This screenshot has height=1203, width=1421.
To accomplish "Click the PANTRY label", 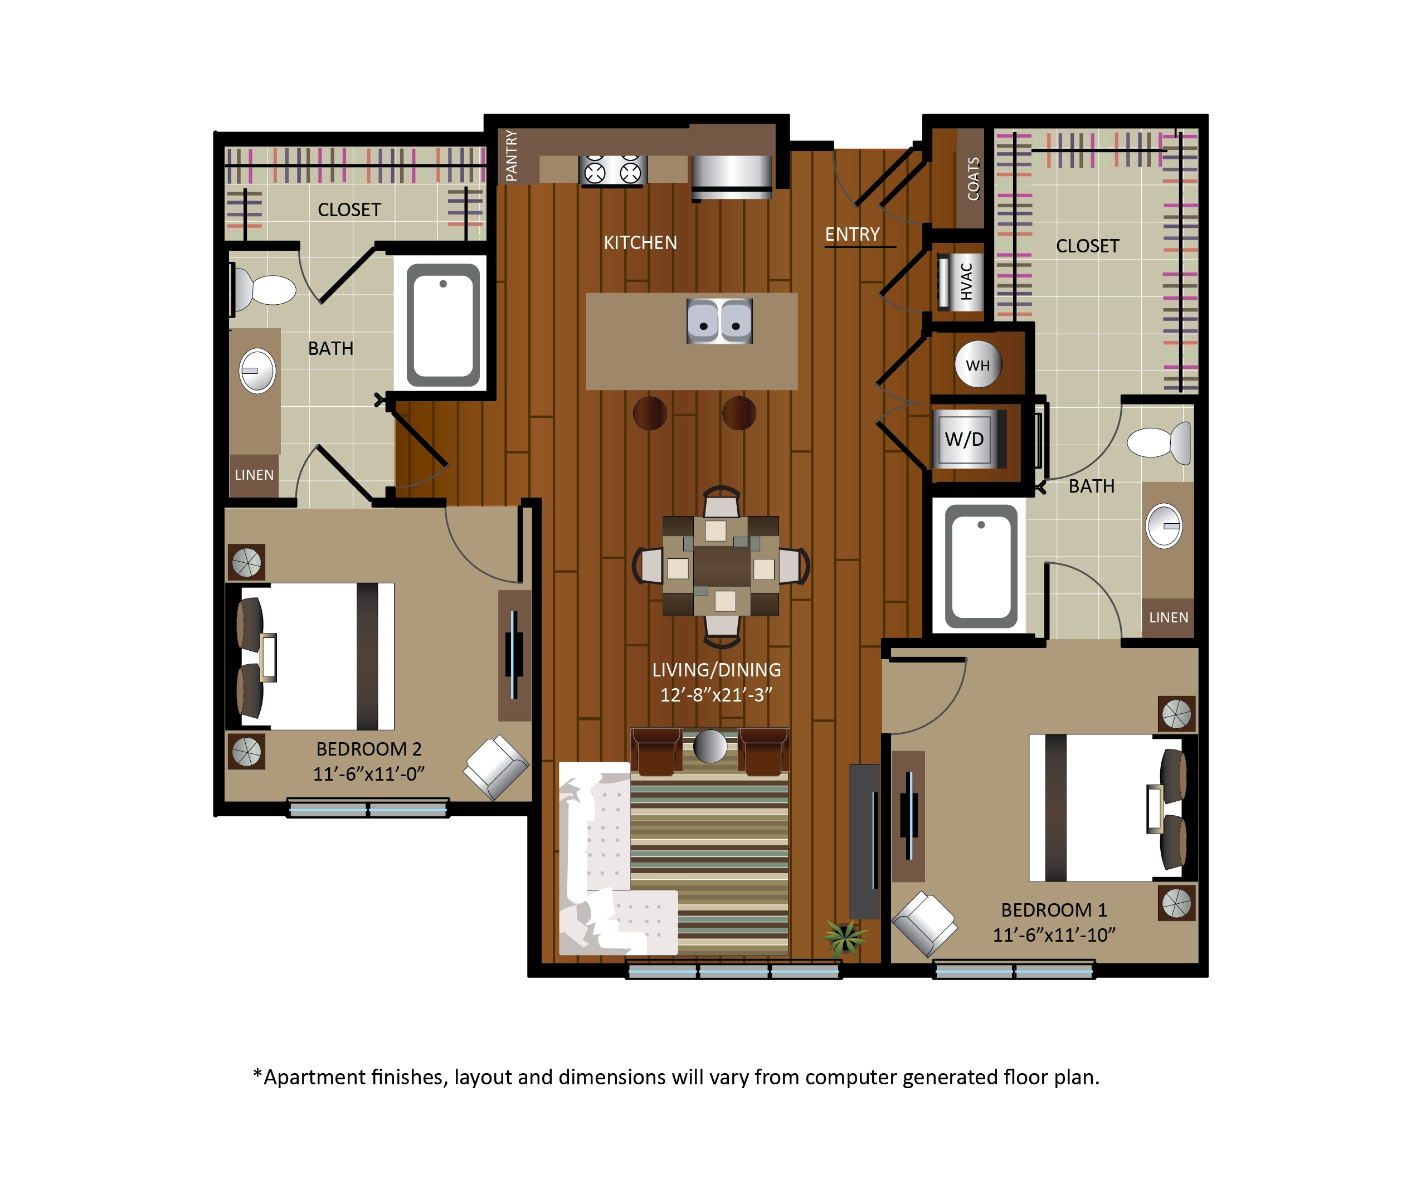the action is click(x=510, y=155).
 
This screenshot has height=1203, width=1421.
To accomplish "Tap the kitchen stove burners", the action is click(x=612, y=170).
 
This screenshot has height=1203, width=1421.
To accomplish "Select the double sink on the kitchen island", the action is click(x=719, y=320).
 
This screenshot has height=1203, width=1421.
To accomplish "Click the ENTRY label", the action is click(x=853, y=235).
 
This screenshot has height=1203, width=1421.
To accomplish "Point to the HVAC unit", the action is click(x=960, y=281).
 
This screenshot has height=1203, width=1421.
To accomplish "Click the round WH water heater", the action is click(x=978, y=365).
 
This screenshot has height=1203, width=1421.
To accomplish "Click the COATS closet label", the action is click(x=973, y=179).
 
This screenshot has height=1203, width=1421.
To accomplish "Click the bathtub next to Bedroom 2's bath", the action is click(x=443, y=325).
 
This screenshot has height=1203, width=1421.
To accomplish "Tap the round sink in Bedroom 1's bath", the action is click(x=1164, y=526).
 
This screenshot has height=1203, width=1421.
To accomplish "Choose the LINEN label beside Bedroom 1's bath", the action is click(x=1168, y=618).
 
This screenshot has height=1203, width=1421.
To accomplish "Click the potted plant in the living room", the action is click(x=845, y=937).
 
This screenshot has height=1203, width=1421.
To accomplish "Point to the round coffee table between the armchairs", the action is click(x=710, y=746).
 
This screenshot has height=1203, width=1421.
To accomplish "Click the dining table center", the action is click(x=721, y=566).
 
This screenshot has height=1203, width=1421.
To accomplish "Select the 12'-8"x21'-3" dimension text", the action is click(x=716, y=695).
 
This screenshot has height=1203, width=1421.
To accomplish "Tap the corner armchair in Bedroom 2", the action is click(x=497, y=767).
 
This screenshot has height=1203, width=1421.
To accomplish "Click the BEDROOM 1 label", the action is click(x=1053, y=910).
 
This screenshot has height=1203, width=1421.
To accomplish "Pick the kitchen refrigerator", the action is click(x=732, y=177).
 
